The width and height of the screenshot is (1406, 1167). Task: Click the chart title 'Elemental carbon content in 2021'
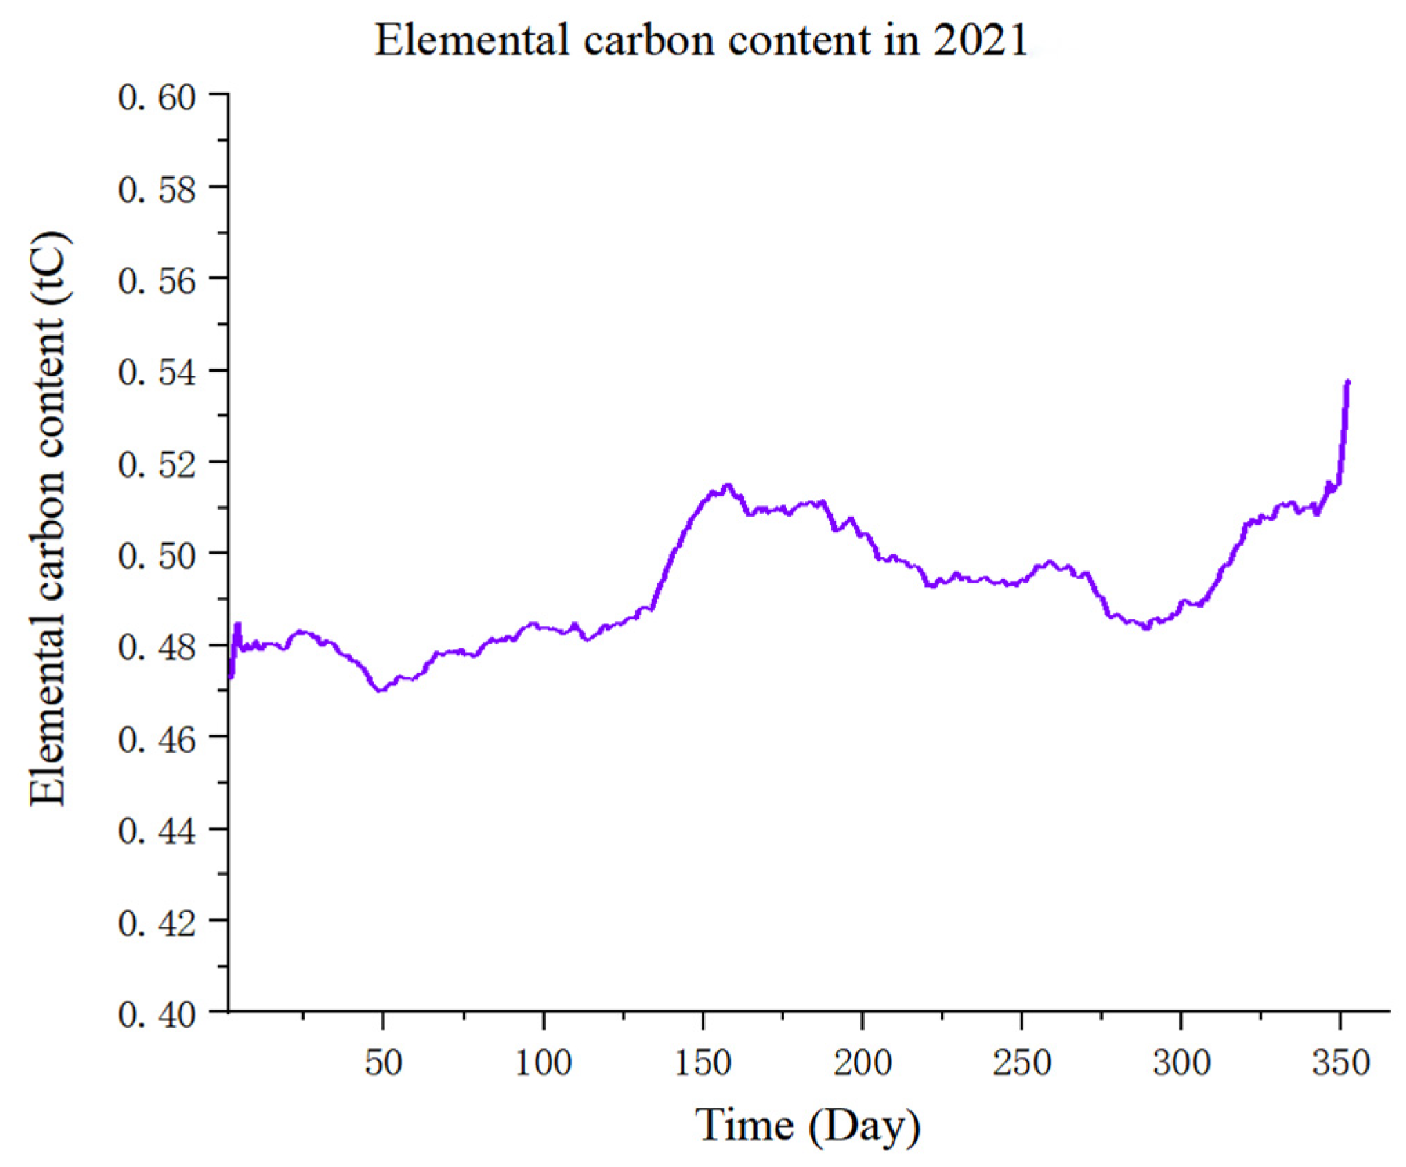tap(701, 40)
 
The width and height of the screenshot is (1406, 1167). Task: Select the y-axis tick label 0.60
tap(157, 97)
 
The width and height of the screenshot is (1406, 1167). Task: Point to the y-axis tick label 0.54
tap(157, 373)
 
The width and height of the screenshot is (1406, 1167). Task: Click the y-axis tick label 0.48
tap(157, 648)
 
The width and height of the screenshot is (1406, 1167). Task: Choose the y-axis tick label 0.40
tap(157, 1015)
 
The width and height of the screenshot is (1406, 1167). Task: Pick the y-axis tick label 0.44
tap(157, 831)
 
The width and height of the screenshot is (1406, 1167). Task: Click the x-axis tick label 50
tap(383, 1063)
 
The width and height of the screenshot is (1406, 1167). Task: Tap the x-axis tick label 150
tap(702, 1063)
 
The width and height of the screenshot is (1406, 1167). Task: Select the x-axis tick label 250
tap(1021, 1063)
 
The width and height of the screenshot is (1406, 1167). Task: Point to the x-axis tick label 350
tap(1340, 1063)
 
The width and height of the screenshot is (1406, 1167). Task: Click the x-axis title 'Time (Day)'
tap(807, 1126)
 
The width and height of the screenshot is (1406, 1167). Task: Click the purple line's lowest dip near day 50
tap(380, 689)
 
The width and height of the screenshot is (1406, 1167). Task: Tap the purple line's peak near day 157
tap(726, 486)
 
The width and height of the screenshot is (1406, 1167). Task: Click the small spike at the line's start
tap(238, 626)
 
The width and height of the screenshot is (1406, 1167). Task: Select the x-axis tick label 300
tap(1182, 1063)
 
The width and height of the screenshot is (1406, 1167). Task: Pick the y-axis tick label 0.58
tap(157, 190)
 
